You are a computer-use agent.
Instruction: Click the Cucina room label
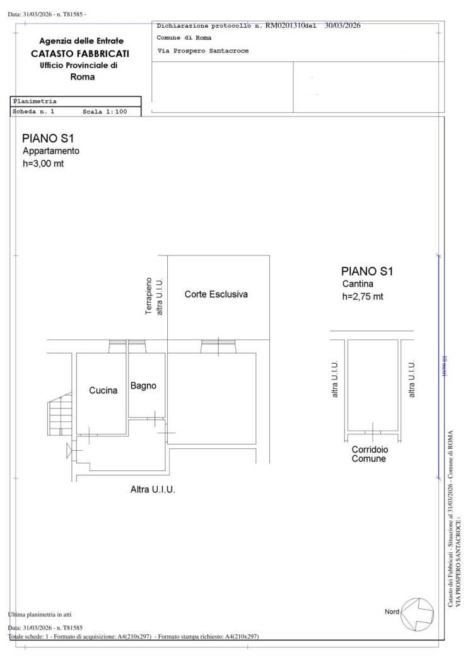click(103, 390)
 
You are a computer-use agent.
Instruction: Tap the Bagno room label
click(143, 386)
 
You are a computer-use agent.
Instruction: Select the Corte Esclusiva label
click(216, 294)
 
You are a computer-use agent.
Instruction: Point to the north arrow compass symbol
click(417, 614)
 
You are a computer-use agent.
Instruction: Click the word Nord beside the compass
click(392, 612)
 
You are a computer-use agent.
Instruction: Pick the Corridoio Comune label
click(370, 455)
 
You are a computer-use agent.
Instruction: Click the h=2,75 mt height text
click(363, 296)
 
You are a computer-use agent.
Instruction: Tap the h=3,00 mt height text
click(43, 163)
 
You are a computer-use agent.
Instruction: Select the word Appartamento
click(50, 151)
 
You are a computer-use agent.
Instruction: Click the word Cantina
click(358, 284)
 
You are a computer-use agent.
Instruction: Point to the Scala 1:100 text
click(105, 112)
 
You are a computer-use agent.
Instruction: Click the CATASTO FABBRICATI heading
click(80, 54)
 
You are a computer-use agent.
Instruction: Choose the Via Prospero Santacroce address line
click(202, 50)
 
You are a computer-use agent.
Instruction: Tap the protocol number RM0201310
click(285, 25)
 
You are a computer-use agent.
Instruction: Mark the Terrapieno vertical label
click(149, 296)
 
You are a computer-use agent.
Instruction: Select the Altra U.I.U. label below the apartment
click(153, 489)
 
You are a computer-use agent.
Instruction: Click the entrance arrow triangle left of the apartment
click(69, 451)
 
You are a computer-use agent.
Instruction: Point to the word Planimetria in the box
click(35, 102)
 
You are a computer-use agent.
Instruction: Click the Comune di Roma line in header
click(184, 38)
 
